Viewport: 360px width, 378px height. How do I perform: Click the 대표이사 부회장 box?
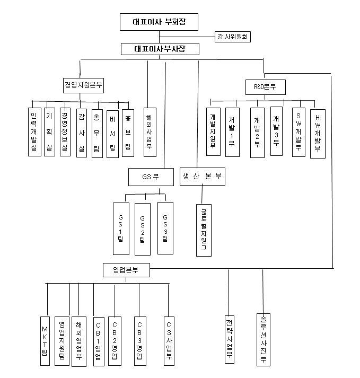pyautogui.click(x=159, y=22)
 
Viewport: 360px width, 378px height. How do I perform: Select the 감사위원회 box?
pyautogui.click(x=232, y=37)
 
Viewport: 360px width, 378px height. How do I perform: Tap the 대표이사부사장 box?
pyautogui.click(x=159, y=49)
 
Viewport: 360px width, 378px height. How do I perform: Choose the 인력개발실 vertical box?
pyautogui.click(x=34, y=132)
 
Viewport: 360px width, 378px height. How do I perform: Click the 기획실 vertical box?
pyautogui.click(x=49, y=132)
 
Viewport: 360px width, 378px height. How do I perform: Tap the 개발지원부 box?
pyautogui.click(x=213, y=131)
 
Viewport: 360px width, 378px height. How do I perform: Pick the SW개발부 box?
pyautogui.click(x=298, y=132)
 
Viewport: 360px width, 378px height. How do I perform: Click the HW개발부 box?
pyautogui.click(x=318, y=133)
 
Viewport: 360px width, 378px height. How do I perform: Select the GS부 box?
pyautogui.click(x=151, y=177)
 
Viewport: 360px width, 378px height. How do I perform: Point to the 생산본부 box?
pyautogui.click(x=202, y=177)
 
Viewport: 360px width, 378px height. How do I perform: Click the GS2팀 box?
pyautogui.click(x=142, y=228)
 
